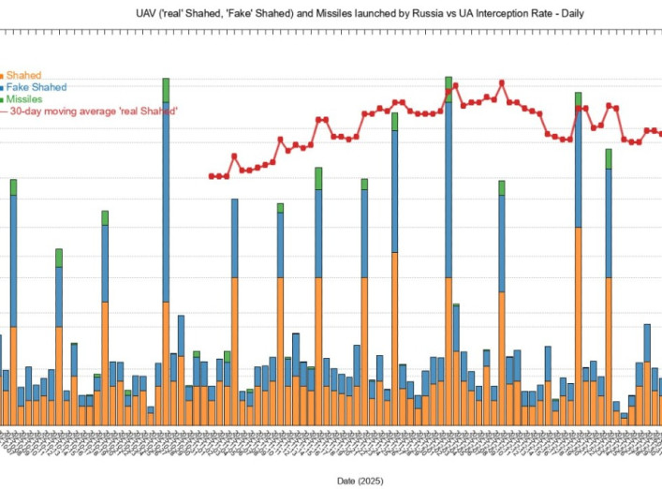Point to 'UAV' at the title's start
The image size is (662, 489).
click(x=148, y=14)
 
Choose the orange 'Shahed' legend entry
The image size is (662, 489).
click(x=23, y=75)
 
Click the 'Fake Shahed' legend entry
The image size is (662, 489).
click(x=36, y=87)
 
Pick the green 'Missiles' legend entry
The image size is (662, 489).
click(x=25, y=98)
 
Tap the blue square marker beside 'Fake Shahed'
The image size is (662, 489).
click(x=2, y=87)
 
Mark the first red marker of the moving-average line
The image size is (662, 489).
click(x=212, y=175)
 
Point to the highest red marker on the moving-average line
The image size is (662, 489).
click(x=456, y=85)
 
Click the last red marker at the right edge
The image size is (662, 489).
click(x=661, y=133)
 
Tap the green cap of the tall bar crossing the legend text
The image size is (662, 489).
click(x=166, y=89)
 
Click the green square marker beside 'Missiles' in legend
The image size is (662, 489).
click(x=2, y=98)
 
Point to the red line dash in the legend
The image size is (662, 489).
click(x=3, y=111)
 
